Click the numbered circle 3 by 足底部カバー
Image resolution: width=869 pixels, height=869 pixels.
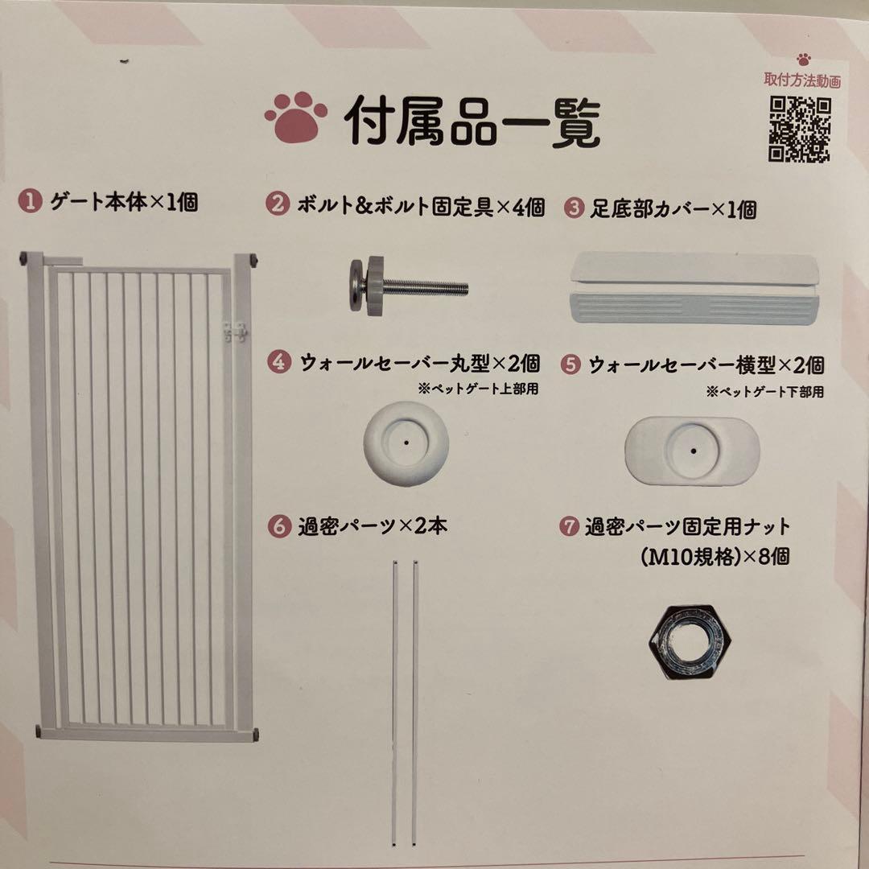(573, 208)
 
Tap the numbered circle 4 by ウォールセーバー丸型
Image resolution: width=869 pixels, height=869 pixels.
(278, 363)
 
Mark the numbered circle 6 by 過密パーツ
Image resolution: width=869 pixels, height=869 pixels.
(278, 527)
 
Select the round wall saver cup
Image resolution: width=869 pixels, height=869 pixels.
(406, 443)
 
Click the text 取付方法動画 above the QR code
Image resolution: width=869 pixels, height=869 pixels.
(802, 80)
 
